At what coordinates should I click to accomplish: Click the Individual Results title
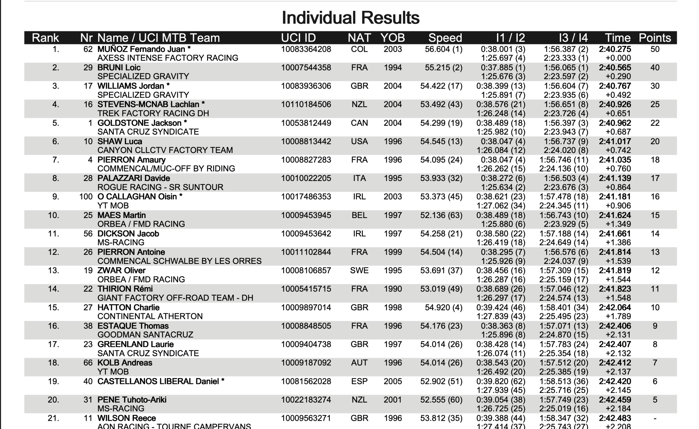(351, 18)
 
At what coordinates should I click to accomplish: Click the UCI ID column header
(298, 38)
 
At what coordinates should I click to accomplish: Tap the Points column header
(655, 38)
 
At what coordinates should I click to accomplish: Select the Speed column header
(445, 38)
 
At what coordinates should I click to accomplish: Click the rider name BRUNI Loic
(119, 67)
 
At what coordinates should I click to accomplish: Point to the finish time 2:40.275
(615, 49)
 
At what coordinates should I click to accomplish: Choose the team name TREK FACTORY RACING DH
(153, 113)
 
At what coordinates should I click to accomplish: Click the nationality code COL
(359, 49)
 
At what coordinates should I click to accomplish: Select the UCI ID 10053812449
(306, 123)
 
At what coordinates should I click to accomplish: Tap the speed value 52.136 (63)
(441, 215)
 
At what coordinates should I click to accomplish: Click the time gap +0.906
(618, 205)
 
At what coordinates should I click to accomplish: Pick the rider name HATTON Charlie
(128, 307)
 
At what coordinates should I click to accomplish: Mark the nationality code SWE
(359, 270)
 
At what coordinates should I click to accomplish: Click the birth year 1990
(393, 289)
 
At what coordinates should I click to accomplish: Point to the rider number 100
(86, 196)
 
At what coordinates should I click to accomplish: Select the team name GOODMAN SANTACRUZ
(145, 335)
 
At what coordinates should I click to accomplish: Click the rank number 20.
(53, 400)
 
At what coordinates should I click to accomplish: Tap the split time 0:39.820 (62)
(501, 381)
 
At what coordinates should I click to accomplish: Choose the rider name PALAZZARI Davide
(134, 178)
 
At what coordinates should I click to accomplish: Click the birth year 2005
(393, 381)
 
